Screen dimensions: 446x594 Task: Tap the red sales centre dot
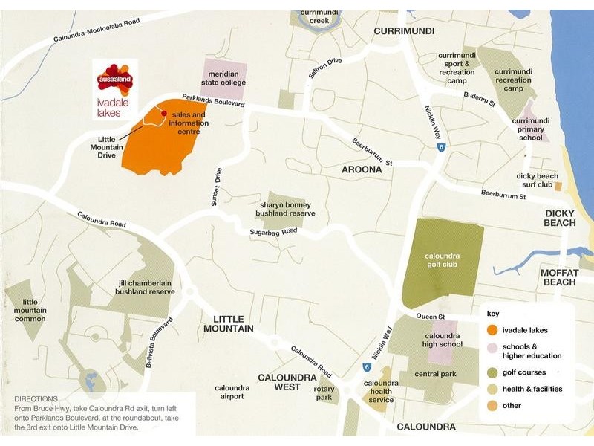point(164,114)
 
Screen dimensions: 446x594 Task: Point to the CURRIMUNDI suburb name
point(403,31)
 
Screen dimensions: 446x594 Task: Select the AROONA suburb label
point(362,169)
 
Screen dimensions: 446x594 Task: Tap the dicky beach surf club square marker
point(558,185)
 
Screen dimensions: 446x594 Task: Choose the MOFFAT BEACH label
point(559,277)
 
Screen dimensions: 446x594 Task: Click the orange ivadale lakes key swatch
point(491,330)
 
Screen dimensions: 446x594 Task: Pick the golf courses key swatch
point(491,372)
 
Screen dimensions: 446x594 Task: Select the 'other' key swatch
point(491,406)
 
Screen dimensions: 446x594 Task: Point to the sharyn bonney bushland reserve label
point(286,209)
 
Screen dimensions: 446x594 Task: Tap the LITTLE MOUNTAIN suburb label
point(228,323)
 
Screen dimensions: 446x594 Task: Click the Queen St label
point(429,317)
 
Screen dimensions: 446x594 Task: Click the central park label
point(435,374)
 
